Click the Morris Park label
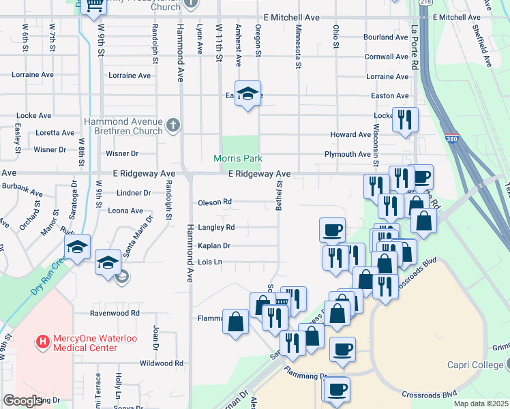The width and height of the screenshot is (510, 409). point(237,158)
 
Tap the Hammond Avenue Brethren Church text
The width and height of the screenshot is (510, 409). point(123,126)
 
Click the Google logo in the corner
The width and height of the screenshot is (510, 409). point(22,401)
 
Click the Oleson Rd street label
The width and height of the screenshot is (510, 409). point(215,202)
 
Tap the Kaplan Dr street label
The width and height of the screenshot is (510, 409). point(214,245)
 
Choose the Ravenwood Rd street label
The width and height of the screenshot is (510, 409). point(115,314)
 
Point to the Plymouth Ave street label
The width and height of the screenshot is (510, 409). point(347,154)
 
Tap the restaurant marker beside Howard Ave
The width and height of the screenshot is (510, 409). point(405,120)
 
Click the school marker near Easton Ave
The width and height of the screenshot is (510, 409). point(248,94)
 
